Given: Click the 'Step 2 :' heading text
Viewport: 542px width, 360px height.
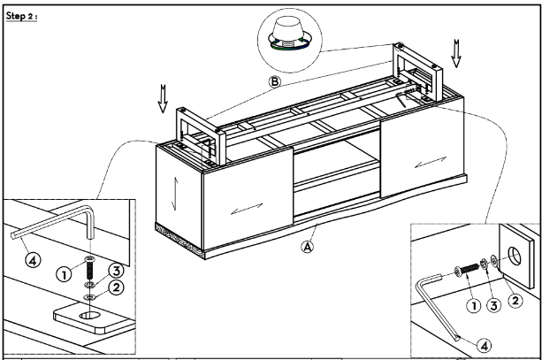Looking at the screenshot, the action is tap(21, 16).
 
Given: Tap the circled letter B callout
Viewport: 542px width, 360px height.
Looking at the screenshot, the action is tap(275, 82).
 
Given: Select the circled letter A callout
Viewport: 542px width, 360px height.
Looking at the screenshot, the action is tap(308, 247).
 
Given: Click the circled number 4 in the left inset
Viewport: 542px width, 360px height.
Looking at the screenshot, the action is tap(33, 260).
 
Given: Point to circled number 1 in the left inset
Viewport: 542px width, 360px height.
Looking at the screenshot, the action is tap(64, 275).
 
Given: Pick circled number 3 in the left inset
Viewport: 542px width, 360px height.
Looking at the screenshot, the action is tap(117, 271).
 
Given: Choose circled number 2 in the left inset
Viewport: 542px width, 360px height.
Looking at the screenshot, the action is tap(116, 287).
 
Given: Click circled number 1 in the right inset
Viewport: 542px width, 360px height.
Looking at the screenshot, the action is tap(474, 306).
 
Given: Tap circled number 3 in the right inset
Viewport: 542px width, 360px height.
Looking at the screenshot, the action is tap(494, 305).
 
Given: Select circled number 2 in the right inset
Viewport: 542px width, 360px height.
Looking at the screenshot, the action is tap(515, 300).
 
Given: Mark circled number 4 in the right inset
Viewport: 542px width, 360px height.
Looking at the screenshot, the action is tap(485, 346).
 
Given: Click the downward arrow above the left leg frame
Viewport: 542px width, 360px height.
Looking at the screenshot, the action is tap(163, 99).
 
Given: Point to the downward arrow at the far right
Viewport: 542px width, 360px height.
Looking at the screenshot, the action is tap(456, 54).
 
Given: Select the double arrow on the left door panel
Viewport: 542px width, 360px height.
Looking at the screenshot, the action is tap(247, 209).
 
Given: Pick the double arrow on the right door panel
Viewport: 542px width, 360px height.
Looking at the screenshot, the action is tap(431, 162).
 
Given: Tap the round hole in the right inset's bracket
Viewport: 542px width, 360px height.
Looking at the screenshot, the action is tap(514, 257).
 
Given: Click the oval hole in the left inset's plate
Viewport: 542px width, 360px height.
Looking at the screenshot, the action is tap(89, 315).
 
